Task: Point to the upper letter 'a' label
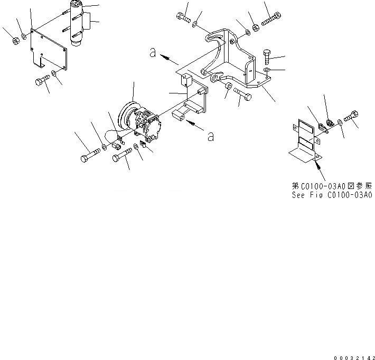click(x=152, y=53)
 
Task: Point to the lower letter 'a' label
click(x=210, y=137)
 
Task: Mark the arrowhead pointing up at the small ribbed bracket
click(x=317, y=165)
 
